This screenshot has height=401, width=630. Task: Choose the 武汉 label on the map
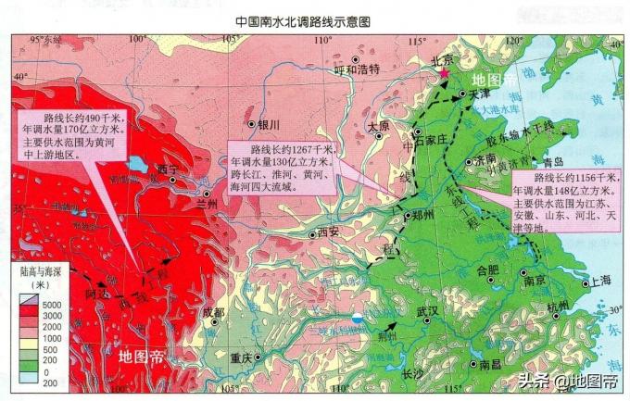428,311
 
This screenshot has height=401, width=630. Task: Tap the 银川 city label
269,123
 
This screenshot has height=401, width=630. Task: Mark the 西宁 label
167,169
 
